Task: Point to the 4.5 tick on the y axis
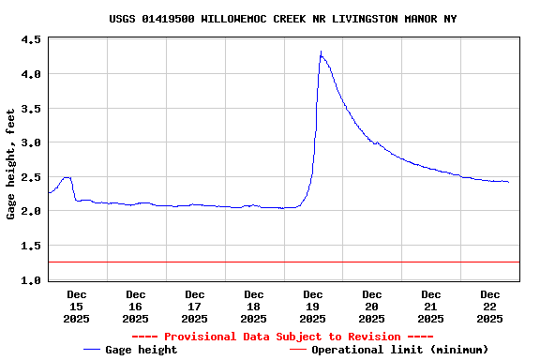[31, 40]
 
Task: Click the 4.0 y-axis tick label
[31, 74]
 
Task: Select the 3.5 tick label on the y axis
[31, 109]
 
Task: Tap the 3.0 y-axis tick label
[31, 142]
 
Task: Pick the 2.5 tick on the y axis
[31, 177]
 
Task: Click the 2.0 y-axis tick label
[31, 212]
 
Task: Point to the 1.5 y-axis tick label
[31, 246]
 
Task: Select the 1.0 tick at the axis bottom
[31, 280]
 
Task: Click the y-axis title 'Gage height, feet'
[11, 164]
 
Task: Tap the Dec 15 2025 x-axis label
[76, 307]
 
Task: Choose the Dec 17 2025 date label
[194, 307]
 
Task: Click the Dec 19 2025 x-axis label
[312, 307]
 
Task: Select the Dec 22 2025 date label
[489, 307]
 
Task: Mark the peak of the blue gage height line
[321, 52]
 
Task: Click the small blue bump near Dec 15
[66, 177]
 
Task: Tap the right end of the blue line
[508, 182]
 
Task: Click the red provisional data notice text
[282, 337]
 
